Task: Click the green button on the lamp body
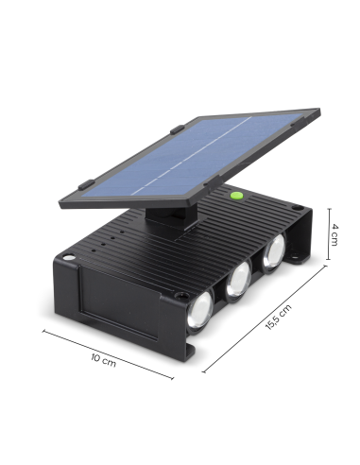[237, 196]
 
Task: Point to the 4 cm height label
[334, 236]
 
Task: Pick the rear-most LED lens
[273, 251]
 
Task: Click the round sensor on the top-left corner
[71, 258]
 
